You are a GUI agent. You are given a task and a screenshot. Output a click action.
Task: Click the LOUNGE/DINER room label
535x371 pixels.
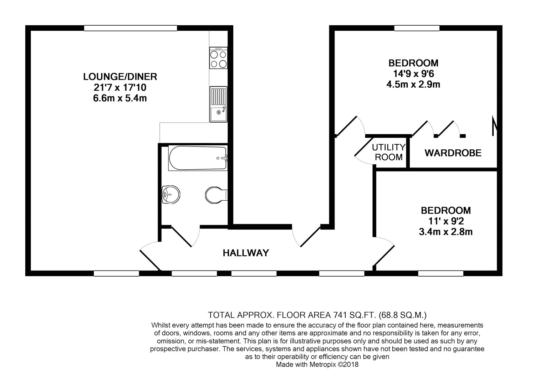pos(120,76)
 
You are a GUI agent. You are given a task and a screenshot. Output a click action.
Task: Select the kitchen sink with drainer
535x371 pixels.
pos(218,104)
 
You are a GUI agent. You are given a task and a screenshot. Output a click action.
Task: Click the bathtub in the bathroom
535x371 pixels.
pos(198,158)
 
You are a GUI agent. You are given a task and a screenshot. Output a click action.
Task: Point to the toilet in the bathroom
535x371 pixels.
pos(216,195)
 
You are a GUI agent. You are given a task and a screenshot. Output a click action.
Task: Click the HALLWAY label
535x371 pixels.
pos(246,253)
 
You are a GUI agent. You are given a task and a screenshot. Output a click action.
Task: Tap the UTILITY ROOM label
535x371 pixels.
pos(388,152)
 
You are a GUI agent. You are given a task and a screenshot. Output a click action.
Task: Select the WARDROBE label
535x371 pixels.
pos(453,153)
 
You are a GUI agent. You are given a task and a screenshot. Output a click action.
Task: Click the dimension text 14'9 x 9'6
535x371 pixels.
pos(413,74)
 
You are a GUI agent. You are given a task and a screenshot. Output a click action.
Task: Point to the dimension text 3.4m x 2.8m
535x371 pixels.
pos(445,232)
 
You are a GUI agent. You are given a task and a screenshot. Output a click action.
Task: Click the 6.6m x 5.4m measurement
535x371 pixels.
pos(120,98)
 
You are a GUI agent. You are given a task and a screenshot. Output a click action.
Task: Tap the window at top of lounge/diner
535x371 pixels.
pos(131,28)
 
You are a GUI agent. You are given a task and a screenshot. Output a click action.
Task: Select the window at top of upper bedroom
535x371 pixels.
pos(417,28)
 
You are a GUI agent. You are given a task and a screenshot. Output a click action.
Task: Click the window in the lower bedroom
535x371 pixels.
pos(440,273)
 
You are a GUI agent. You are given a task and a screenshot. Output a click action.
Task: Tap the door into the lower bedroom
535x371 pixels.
pos(383,251)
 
